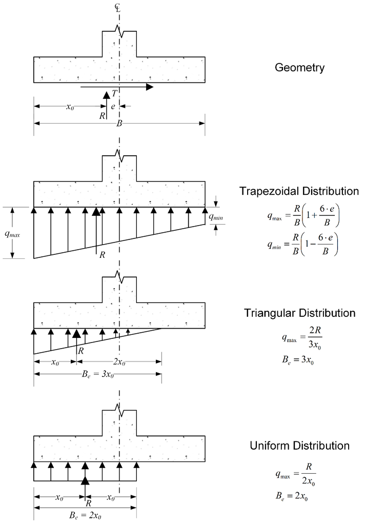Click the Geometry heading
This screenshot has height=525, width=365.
299,68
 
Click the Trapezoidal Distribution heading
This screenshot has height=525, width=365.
299,191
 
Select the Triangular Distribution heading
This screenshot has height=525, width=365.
299,313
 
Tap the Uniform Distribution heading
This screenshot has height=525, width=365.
299,446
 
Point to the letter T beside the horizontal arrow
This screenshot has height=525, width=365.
114,94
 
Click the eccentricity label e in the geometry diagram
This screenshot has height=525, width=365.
113,107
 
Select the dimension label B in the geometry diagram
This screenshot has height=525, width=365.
119,124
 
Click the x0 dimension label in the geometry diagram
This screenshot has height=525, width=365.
70,107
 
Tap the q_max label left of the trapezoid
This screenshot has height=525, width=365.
12,234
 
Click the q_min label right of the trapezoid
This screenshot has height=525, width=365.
216,217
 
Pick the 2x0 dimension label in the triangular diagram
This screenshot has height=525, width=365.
119,362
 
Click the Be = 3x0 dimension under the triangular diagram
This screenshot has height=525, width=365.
98,374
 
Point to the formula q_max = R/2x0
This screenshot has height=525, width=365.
296,474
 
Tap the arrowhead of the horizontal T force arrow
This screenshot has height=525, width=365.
150,87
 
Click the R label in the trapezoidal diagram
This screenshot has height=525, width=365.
102,255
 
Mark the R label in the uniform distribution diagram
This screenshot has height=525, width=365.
88,503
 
